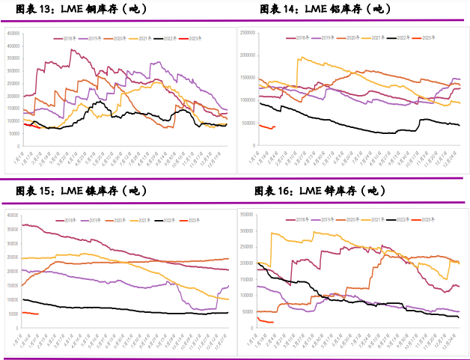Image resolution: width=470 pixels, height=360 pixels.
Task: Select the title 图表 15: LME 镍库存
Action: (83, 192)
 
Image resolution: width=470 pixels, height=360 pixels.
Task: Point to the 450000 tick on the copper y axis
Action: (13, 34)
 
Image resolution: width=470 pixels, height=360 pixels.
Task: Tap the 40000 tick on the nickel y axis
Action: (10, 215)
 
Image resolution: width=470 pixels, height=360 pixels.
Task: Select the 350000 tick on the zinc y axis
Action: (246, 214)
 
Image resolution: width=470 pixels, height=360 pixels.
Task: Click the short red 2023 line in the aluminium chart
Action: (266, 126)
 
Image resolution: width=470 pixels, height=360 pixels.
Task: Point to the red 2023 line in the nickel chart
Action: (30, 313)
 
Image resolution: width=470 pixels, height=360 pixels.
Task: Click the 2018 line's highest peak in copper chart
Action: (72, 50)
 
